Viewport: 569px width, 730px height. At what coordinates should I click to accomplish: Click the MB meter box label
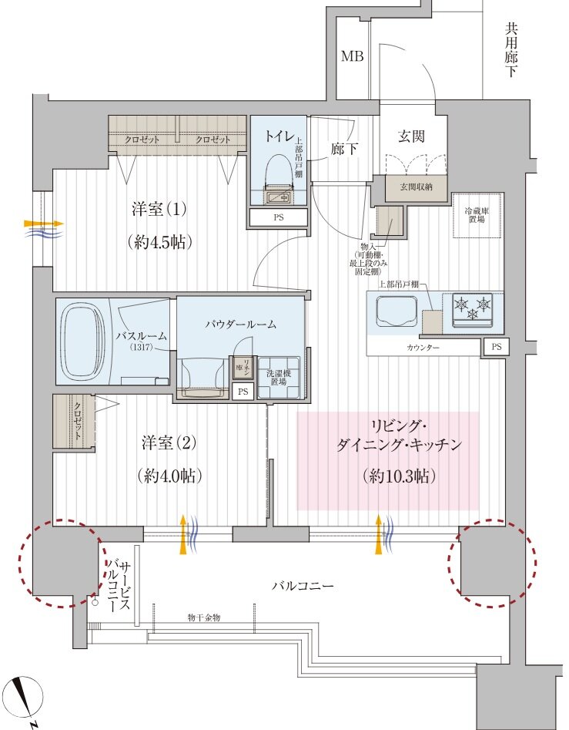(353, 56)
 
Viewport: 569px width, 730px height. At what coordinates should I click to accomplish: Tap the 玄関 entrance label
(411, 136)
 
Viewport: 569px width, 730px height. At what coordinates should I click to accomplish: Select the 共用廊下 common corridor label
(511, 50)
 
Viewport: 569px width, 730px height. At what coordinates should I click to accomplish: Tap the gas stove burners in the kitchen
(473, 307)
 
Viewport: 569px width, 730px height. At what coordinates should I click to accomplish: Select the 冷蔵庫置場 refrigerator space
(478, 214)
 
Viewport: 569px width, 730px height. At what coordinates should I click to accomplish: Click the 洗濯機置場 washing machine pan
(279, 377)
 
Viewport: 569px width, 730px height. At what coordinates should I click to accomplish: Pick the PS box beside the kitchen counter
(496, 348)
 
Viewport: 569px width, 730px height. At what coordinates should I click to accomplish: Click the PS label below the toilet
(278, 218)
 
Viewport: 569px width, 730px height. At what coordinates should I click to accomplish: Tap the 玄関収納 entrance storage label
(410, 187)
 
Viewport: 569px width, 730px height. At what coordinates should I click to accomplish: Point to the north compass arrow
(28, 697)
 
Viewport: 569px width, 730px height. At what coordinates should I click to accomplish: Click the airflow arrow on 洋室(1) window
(43, 226)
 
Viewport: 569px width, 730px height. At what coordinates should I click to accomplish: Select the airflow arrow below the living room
(380, 534)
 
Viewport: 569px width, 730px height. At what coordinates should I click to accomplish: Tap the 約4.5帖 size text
(159, 241)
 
